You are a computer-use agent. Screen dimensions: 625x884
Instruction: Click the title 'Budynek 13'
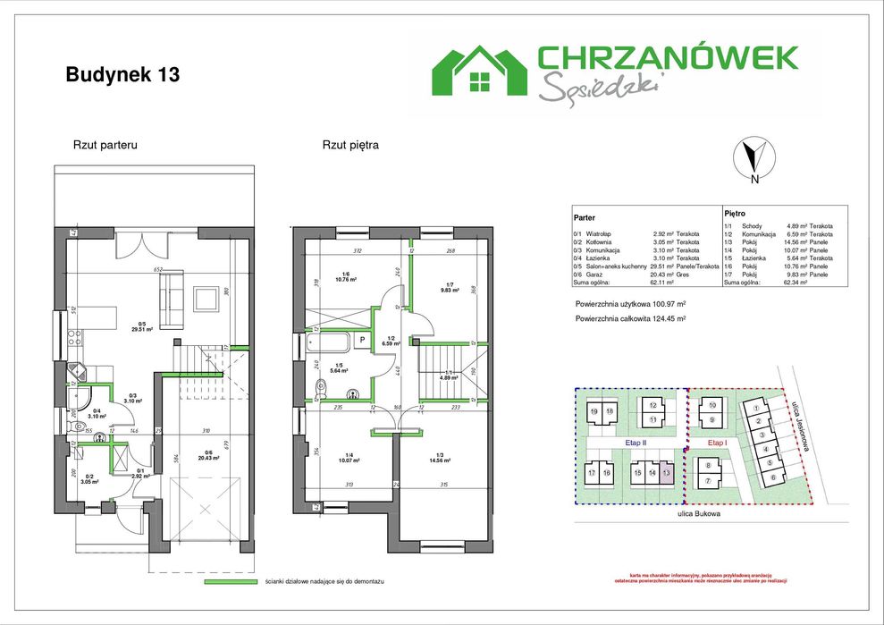tap(122, 75)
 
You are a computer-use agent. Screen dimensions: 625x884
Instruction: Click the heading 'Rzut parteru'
tap(105, 145)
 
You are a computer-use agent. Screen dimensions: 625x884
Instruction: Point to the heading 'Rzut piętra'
tap(351, 145)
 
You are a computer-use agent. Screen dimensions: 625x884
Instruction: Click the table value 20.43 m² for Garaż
tap(662, 274)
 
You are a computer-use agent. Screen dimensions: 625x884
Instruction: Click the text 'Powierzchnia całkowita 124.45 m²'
tap(631, 318)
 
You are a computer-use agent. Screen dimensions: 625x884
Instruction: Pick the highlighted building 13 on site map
tap(666, 473)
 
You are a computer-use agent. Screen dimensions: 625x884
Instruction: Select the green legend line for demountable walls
tap(231, 582)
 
